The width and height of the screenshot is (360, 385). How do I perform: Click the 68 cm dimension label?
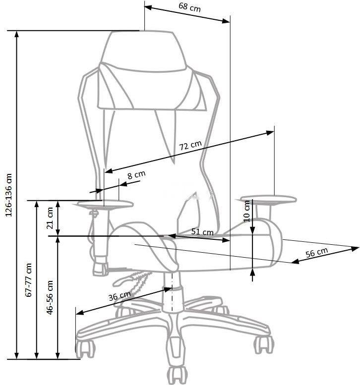click(190, 7)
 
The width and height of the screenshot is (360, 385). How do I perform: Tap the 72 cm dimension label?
click(190, 146)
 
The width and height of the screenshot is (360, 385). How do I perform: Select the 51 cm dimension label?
click(202, 231)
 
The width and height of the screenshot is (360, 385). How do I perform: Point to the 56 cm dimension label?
click(317, 253)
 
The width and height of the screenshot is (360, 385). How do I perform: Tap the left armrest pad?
click(105, 203)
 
